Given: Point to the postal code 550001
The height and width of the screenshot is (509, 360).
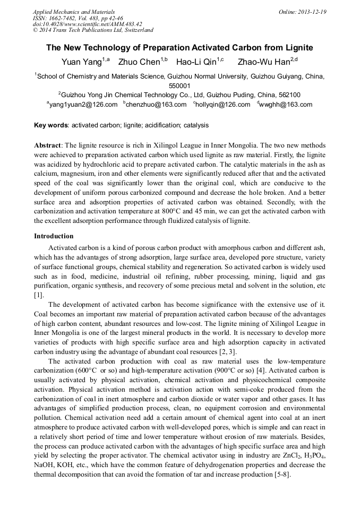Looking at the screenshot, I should (179, 85).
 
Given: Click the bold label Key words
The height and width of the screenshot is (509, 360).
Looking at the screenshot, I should (50, 126).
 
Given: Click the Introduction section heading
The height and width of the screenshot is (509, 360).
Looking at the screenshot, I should (54, 236).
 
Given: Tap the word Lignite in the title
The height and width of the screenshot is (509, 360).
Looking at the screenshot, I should (297, 48).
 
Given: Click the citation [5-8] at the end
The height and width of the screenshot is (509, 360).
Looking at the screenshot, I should (281, 474).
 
